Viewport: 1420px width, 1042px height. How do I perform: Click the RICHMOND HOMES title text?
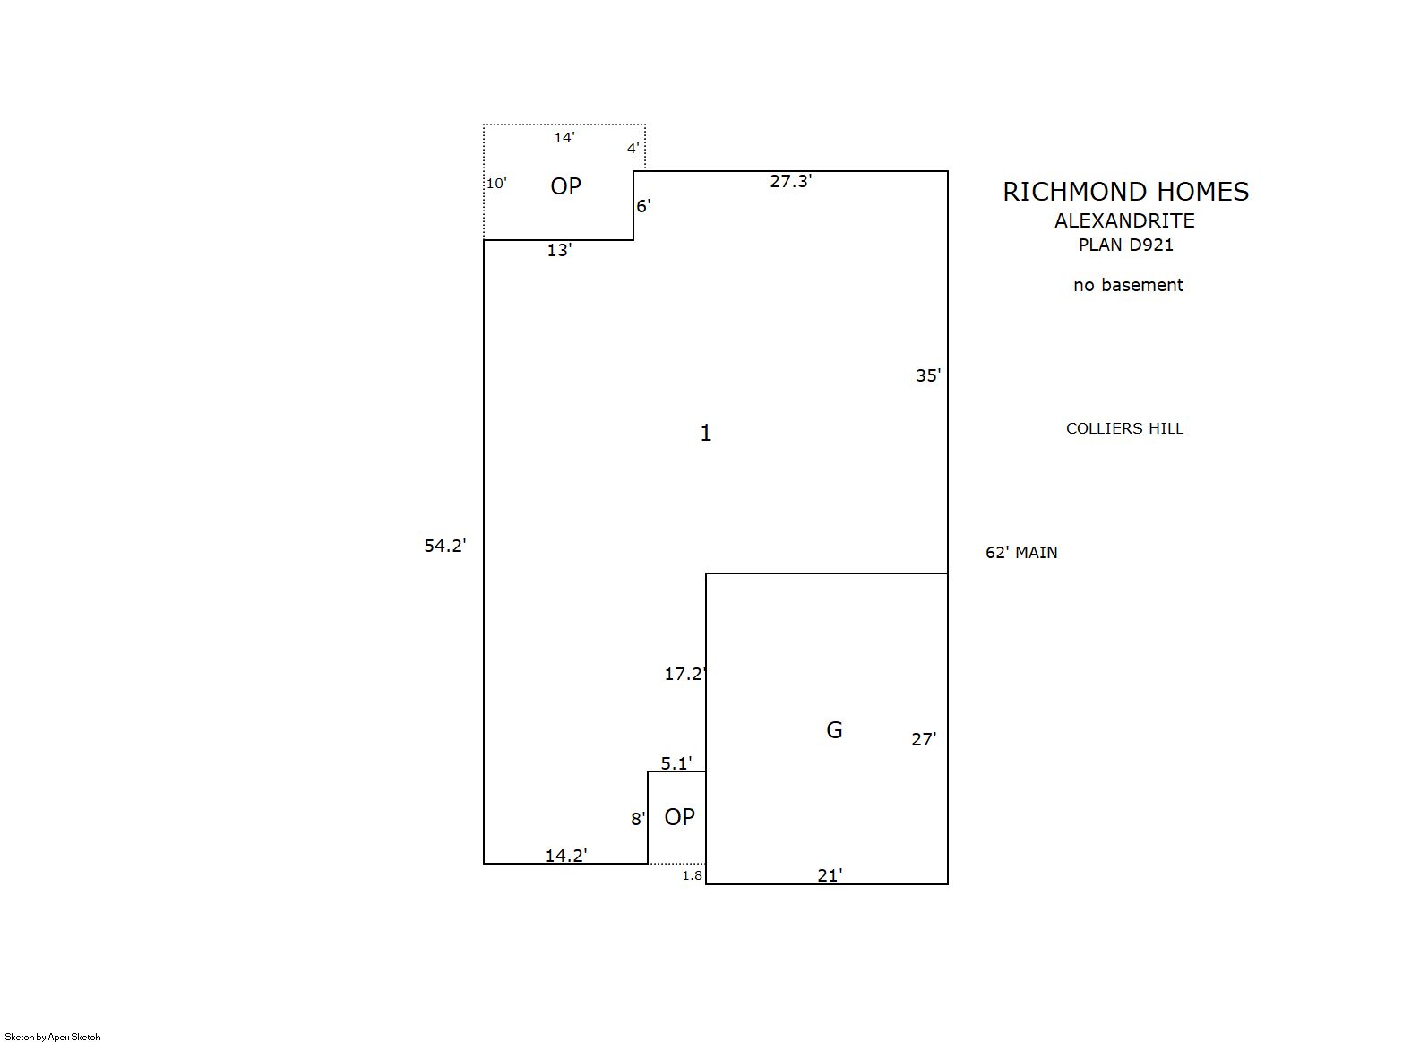[1125, 192]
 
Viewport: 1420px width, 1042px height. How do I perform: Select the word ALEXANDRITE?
[1124, 220]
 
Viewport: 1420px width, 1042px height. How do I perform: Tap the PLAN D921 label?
[1126, 245]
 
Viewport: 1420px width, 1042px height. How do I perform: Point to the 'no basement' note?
[1128, 285]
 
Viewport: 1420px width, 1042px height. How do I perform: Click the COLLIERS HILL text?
[1124, 428]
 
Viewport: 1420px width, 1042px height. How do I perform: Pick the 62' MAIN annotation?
[1021, 553]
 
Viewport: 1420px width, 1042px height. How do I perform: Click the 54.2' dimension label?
[445, 546]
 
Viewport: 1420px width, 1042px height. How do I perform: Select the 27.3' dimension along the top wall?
[790, 181]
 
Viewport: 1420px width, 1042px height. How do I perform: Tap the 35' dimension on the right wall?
[928, 376]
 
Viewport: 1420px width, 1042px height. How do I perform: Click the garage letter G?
[834, 730]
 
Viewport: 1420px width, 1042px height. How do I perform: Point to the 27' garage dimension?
[924, 740]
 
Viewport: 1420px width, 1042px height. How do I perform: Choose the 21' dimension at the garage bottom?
[830, 876]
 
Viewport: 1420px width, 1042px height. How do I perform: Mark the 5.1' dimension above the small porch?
[676, 763]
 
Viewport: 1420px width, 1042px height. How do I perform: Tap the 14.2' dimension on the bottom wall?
[566, 856]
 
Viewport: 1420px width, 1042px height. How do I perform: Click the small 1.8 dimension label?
[692, 875]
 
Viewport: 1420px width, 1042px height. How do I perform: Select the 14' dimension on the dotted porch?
[564, 138]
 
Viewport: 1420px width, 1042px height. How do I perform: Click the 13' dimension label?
[559, 250]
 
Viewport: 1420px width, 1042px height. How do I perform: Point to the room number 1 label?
[706, 433]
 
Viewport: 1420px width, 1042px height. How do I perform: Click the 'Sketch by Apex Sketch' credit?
[53, 1037]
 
